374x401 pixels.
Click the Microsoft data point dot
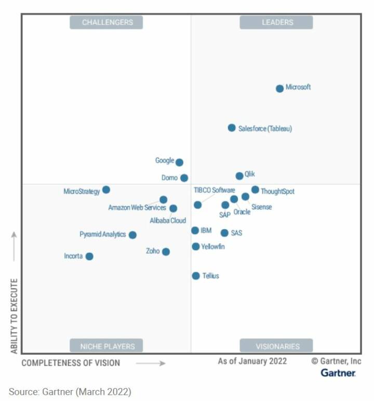(x=279, y=88)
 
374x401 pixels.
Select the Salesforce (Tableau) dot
(x=232, y=128)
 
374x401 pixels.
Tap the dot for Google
(x=179, y=162)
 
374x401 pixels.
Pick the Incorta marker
(x=89, y=256)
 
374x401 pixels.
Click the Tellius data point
(x=196, y=276)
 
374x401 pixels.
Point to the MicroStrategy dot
(x=106, y=190)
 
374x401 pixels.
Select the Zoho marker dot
(x=166, y=251)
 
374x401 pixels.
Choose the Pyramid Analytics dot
(x=132, y=235)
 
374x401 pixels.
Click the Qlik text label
(x=249, y=175)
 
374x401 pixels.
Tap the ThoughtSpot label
(x=277, y=192)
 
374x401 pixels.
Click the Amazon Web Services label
(x=137, y=208)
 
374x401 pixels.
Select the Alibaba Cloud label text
(x=168, y=221)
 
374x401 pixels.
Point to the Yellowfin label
(x=213, y=247)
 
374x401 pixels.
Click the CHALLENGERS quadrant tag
(x=106, y=22)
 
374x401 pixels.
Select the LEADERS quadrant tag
(x=276, y=22)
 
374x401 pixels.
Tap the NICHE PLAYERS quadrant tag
(x=106, y=346)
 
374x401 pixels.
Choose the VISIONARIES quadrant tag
(x=276, y=346)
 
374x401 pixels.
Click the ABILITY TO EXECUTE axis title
(x=14, y=316)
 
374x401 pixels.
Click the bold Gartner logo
(x=338, y=373)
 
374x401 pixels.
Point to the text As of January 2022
(x=252, y=362)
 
